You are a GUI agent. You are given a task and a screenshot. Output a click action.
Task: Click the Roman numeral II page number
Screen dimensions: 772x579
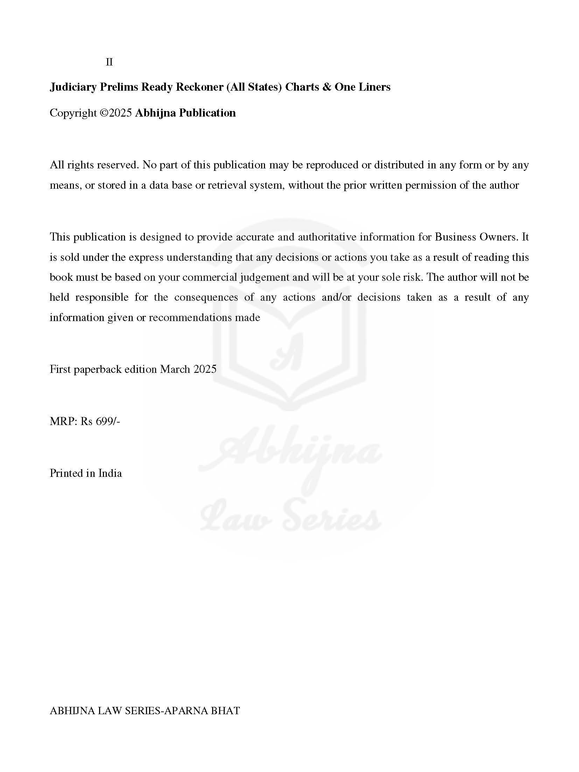coord(109,62)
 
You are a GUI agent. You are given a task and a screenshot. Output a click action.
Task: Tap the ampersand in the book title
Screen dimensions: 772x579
coord(327,87)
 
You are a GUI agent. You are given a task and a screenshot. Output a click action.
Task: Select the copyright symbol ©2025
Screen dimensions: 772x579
coord(116,113)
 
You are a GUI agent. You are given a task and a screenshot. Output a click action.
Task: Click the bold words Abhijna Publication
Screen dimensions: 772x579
coord(185,113)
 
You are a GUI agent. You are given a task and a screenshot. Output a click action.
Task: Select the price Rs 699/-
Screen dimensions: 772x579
coord(100,421)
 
